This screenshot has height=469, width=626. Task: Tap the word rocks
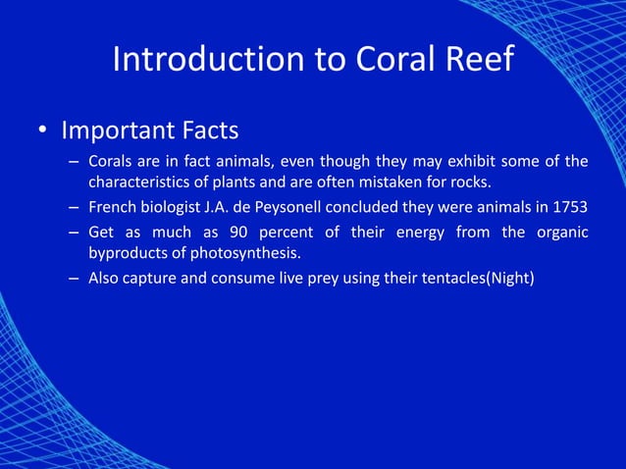click(x=468, y=182)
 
